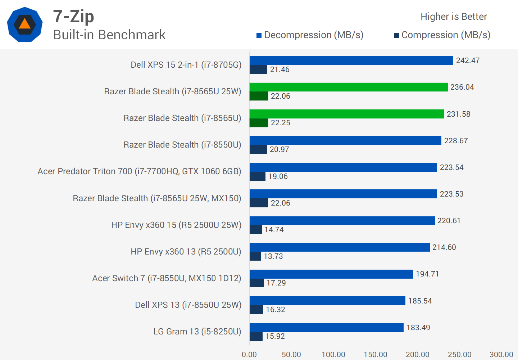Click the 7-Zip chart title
[x=73, y=17]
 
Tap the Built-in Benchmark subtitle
[x=109, y=35]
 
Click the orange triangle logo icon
[x=24, y=24]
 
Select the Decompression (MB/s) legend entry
[x=310, y=35]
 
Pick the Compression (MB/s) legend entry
[x=442, y=35]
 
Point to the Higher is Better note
[x=454, y=17]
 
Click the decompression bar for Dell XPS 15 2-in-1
[x=351, y=60]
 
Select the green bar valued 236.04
[x=349, y=87]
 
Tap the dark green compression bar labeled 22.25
[x=259, y=123]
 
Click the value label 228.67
[x=456, y=141]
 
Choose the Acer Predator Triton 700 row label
[x=139, y=171]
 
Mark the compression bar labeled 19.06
[x=258, y=176]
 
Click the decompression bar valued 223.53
[x=343, y=194]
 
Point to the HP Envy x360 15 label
[x=176, y=225]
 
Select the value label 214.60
[x=444, y=247]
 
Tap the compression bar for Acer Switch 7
[x=257, y=283]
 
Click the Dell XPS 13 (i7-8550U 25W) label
[x=188, y=305]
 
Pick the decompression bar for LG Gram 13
[x=327, y=327]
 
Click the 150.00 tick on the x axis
[x=376, y=355]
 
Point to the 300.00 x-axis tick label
[x=501, y=355]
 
